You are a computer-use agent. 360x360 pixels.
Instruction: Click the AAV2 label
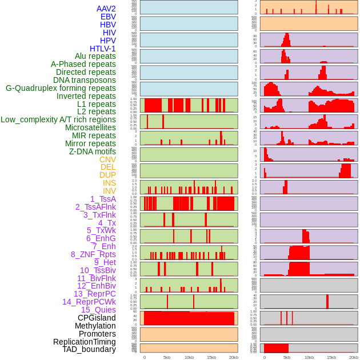coord(106,9)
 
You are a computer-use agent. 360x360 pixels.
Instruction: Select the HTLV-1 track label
coord(102,49)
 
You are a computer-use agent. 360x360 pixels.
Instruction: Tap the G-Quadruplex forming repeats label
coord(61,88)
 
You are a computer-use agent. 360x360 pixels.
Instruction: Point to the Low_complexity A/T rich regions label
coord(58,119)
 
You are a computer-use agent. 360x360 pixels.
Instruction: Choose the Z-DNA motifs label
coord(92,151)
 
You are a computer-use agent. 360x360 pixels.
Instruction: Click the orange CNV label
coord(107,159)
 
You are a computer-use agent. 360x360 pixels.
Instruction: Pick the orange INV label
coord(109,191)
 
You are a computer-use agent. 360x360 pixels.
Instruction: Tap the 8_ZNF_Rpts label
coord(93,254)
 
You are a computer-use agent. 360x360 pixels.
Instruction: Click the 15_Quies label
coord(98,310)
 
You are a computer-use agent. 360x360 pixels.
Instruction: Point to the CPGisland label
coord(97,318)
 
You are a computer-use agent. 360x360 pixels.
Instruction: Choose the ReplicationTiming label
coord(84,342)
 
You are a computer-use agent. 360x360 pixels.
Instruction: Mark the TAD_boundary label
coord(89,349)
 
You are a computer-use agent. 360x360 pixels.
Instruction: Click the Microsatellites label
coord(90,127)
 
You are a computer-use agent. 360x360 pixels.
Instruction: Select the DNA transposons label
coord(85,80)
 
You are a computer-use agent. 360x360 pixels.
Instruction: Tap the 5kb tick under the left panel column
coord(167,357)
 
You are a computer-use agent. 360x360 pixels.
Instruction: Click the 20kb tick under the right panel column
coord(354,357)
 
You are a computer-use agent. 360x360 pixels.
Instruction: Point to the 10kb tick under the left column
coord(189,357)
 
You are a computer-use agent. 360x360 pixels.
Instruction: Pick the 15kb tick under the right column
coord(331,357)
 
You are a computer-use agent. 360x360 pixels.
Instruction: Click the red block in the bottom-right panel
coord(276,348)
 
